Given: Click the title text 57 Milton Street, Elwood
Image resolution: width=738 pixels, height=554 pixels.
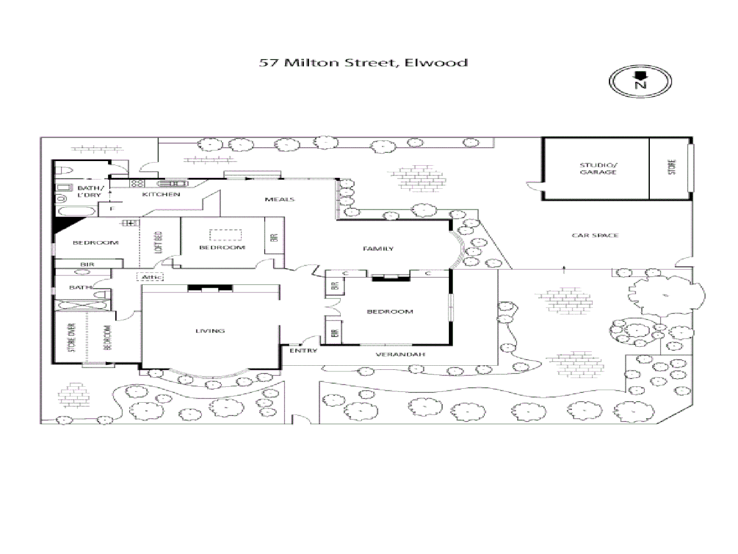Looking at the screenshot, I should pyautogui.click(x=363, y=63).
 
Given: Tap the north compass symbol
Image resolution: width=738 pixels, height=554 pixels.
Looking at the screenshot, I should pyautogui.click(x=640, y=81).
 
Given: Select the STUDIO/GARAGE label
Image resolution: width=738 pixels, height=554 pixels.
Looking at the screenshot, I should pyautogui.click(x=598, y=169).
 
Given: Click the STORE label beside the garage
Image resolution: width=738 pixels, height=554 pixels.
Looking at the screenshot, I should pyautogui.click(x=672, y=167).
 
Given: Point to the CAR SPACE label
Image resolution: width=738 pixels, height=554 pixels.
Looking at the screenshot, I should pyautogui.click(x=595, y=235).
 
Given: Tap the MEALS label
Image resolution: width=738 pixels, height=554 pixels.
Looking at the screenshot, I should pyautogui.click(x=279, y=199).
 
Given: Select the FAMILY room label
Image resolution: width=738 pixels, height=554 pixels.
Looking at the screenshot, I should pyautogui.click(x=378, y=249).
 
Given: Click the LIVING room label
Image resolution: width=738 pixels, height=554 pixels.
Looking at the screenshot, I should pyautogui.click(x=210, y=331).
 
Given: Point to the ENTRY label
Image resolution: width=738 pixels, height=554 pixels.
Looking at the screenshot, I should pyautogui.click(x=303, y=351).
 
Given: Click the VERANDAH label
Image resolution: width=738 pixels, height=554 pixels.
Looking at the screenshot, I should pyautogui.click(x=400, y=355).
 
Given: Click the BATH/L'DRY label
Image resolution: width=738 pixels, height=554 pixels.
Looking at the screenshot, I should pyautogui.click(x=90, y=191).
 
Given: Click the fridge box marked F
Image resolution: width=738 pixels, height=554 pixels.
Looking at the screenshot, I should pyautogui.click(x=112, y=209).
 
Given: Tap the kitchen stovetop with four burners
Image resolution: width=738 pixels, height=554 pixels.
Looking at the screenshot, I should pyautogui.click(x=137, y=184).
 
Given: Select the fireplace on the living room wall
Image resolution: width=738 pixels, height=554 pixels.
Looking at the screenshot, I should pyautogui.click(x=210, y=289).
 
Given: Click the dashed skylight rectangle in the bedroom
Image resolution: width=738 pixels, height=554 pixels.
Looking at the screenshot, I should pyautogui.click(x=225, y=235).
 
